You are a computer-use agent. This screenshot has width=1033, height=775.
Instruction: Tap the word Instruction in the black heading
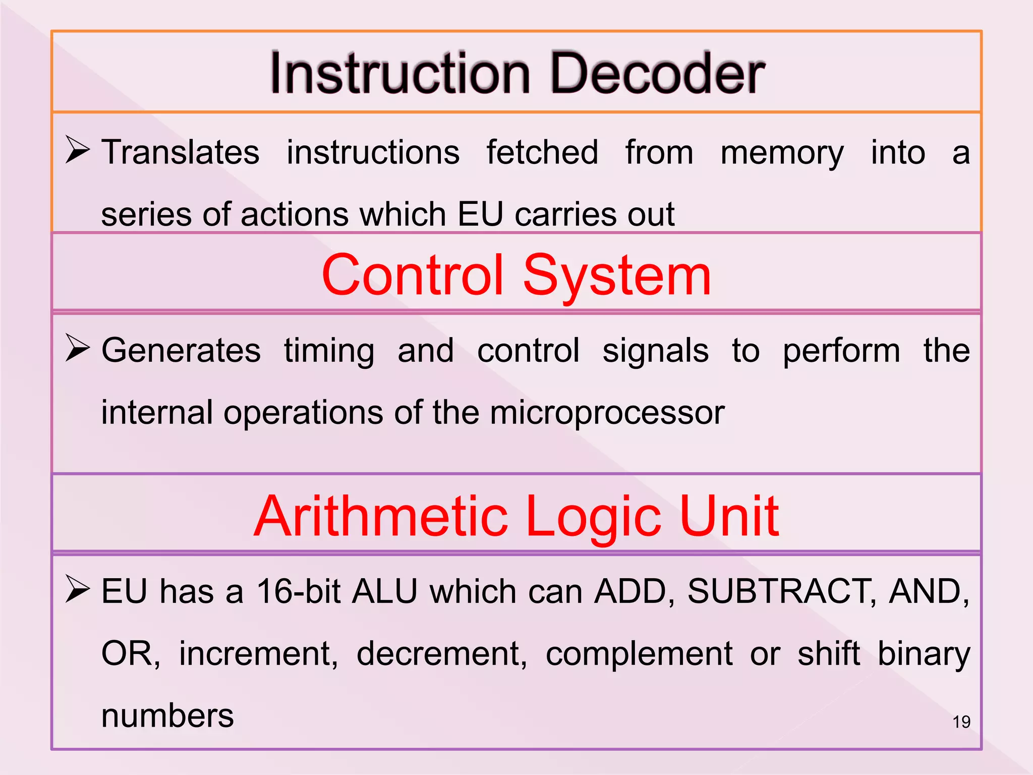(400, 74)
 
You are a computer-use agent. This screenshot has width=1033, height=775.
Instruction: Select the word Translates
(180, 152)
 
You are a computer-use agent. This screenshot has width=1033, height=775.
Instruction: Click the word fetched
(542, 152)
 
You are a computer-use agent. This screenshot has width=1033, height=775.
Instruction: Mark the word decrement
(441, 654)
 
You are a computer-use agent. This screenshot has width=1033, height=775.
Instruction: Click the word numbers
(167, 715)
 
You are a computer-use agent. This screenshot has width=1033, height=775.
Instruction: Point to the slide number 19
(961, 722)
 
